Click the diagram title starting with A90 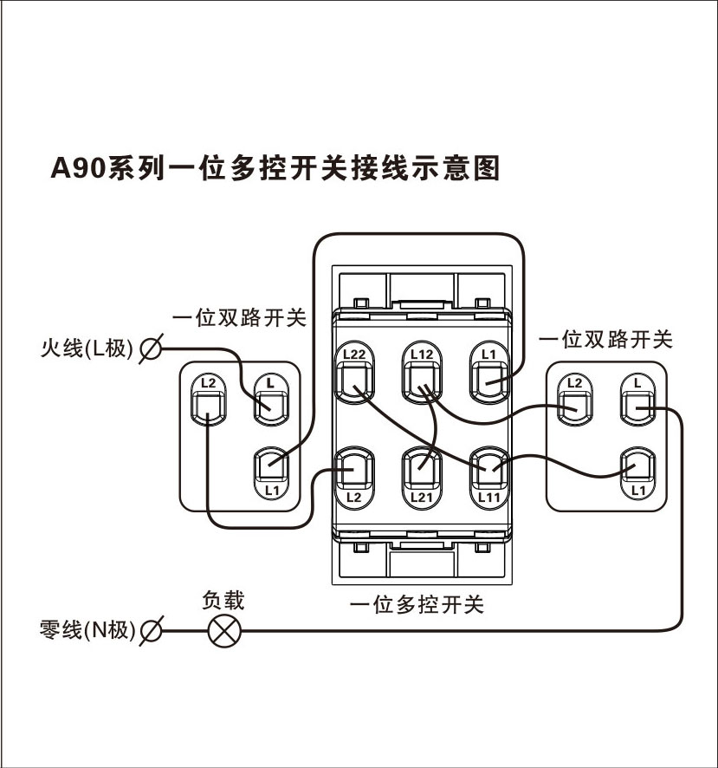(275, 167)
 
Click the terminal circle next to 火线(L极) (150, 349)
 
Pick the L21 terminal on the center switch (421, 472)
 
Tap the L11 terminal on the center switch (489, 472)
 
